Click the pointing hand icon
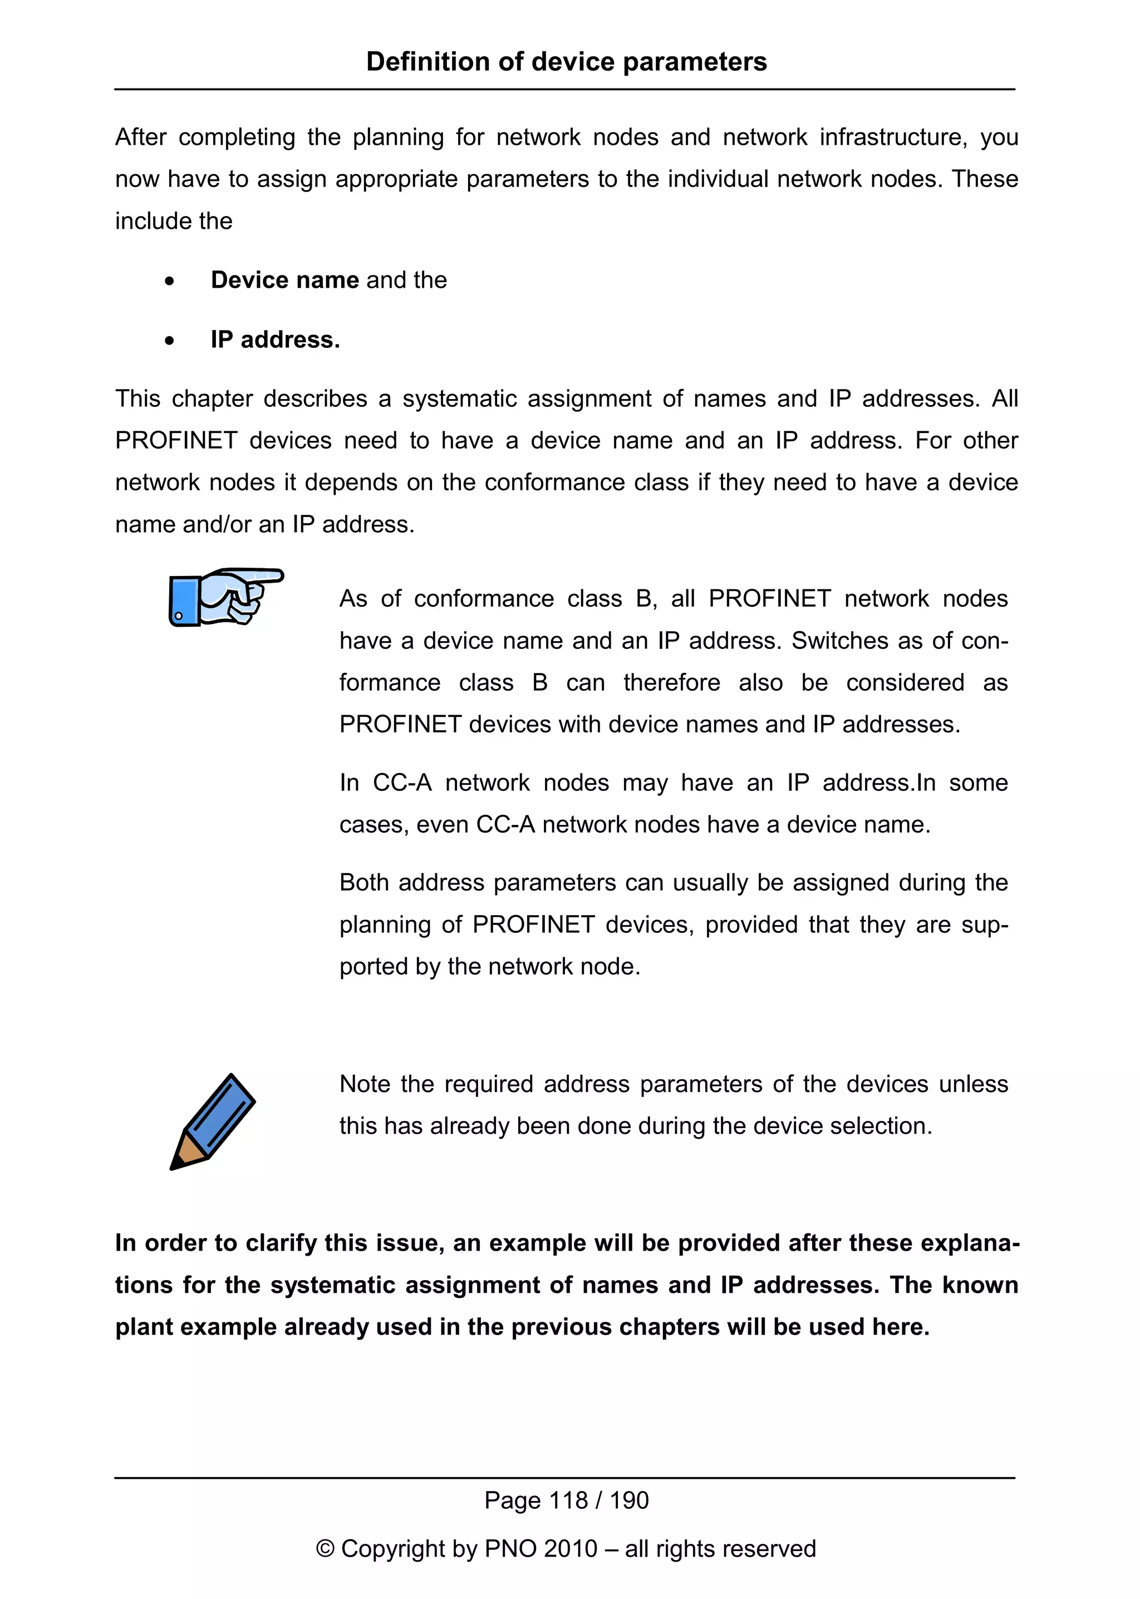click(226, 597)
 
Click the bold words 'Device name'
click(285, 280)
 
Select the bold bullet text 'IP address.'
click(275, 340)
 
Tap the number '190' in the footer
click(628, 1500)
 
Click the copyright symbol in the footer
click(325, 1549)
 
